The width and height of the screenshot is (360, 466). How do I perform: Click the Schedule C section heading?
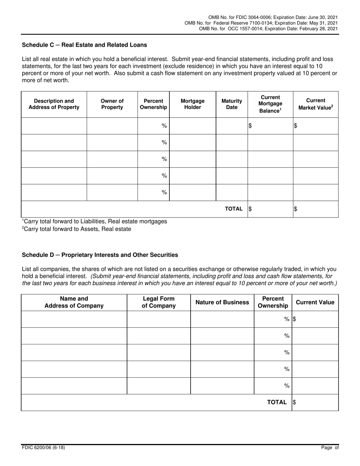[85, 45]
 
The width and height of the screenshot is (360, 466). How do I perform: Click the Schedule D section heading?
[100, 255]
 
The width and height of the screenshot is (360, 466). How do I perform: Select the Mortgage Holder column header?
[193, 104]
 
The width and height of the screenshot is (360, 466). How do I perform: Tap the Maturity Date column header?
[232, 104]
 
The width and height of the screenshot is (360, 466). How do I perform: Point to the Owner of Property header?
[112, 104]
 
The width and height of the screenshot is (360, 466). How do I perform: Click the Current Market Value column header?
[316, 104]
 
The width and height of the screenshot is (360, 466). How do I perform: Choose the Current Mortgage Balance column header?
[270, 104]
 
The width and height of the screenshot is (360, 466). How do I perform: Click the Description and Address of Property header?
[54, 104]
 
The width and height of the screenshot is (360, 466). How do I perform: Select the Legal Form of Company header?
[158, 302]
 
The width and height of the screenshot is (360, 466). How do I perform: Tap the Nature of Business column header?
[222, 302]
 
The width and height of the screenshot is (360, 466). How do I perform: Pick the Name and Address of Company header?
[74, 302]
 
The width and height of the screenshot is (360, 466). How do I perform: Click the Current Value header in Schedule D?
[315, 302]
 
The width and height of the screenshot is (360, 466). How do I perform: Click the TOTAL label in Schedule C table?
[234, 209]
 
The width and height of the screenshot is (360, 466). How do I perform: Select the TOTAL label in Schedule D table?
[277, 402]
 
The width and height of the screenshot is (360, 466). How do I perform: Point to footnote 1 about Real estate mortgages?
[94, 221]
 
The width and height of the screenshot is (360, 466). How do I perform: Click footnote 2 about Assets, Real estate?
[77, 229]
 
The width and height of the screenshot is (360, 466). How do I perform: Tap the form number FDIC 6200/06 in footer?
[43, 448]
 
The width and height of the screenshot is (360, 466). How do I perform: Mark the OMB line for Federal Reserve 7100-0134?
[261, 23]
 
